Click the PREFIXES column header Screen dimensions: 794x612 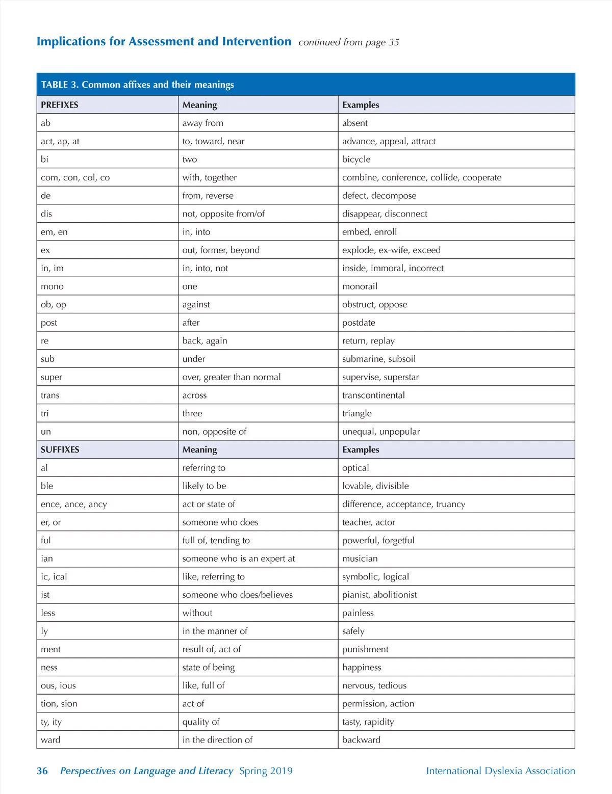coord(60,105)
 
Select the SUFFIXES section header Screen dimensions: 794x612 coord(60,449)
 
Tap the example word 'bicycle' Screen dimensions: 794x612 coord(356,160)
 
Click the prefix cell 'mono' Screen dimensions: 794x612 coord(52,286)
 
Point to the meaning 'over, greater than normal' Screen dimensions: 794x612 coord(232,377)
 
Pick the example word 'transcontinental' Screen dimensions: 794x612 coord(373,395)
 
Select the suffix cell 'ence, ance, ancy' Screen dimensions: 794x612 coord(74,505)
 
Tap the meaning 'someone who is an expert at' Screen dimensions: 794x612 coord(239,559)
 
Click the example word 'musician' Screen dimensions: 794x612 coord(360,559)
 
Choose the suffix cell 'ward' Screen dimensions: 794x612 coord(50,740)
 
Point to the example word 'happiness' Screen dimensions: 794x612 coord(362,668)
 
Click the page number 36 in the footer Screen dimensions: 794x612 coord(42,771)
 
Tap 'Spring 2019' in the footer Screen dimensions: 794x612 coord(266,771)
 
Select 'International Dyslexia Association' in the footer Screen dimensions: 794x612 coord(500,771)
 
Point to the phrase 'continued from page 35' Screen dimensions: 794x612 coord(349,42)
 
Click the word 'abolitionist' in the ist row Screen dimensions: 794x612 coord(395,595)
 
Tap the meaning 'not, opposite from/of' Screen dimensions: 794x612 coord(223,214)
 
